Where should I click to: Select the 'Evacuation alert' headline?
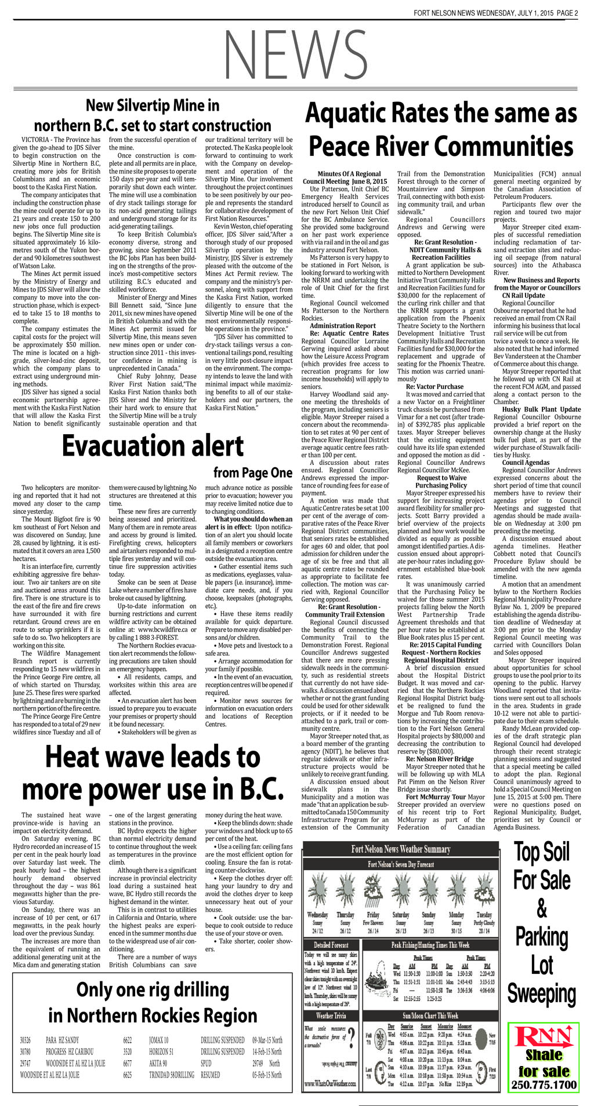[153, 446]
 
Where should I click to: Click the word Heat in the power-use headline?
[75, 757]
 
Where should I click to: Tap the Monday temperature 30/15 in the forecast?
[457, 931]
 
